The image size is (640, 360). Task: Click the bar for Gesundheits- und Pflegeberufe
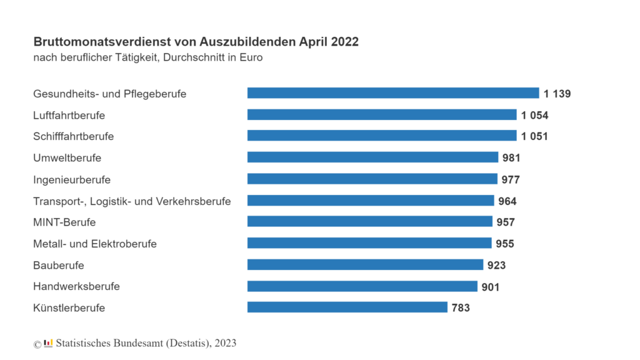[x=393, y=93]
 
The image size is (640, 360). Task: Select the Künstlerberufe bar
[x=347, y=307]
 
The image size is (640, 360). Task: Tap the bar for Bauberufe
[x=365, y=264]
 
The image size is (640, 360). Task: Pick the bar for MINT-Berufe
[x=370, y=222]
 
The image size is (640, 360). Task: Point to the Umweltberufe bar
[x=372, y=157]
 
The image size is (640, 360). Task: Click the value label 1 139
[x=557, y=94]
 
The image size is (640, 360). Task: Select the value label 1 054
[x=535, y=116]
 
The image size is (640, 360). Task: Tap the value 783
[x=461, y=307]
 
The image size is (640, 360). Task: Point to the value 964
[x=507, y=201]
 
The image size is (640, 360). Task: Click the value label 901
[x=491, y=287]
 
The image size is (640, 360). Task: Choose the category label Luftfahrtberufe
[x=69, y=116]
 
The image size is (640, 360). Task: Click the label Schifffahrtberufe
[x=74, y=136]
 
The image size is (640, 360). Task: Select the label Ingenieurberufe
[x=72, y=180]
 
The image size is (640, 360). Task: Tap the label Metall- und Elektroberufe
[x=95, y=244]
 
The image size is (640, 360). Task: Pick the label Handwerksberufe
[x=77, y=286]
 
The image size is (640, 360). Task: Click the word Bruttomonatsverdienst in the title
[x=102, y=42]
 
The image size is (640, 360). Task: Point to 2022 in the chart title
[x=345, y=42]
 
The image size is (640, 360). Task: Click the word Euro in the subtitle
[x=251, y=57]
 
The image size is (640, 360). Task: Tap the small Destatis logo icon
[x=48, y=343]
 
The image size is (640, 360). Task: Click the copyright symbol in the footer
[x=37, y=344]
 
